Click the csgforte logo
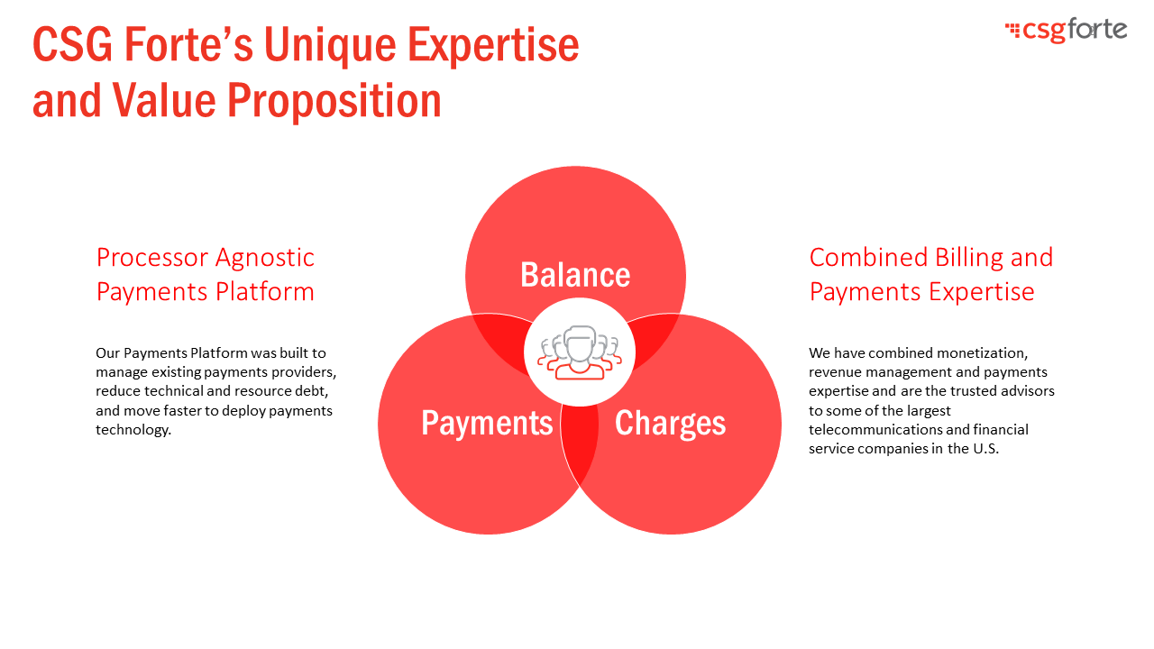[x=1066, y=30]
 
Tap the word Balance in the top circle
[x=575, y=275]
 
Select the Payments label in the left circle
[x=487, y=423]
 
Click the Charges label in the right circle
[x=670, y=424]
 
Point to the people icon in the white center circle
[x=580, y=352]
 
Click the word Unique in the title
[x=330, y=45]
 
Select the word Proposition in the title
[x=334, y=100]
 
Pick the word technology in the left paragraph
[x=133, y=430]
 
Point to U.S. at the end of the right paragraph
[x=985, y=449]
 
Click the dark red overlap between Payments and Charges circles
[x=580, y=443]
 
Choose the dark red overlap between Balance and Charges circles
[x=655, y=339]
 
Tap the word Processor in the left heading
[x=152, y=258]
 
